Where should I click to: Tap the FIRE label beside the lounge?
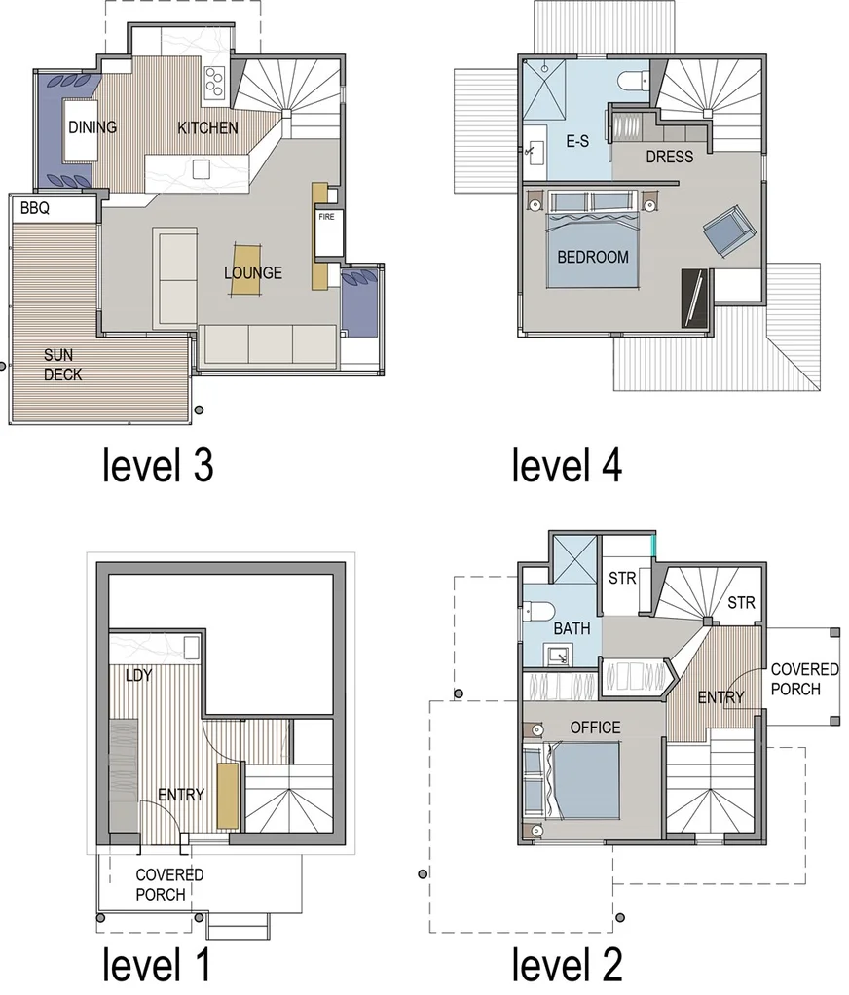coord(325,217)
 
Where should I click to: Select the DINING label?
coord(92,127)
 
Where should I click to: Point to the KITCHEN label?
coord(207,127)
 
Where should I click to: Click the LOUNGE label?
coord(253,273)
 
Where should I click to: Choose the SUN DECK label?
coord(62,365)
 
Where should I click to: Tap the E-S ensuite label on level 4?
coord(577,142)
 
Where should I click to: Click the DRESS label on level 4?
coord(670,156)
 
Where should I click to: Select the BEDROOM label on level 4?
coord(593,258)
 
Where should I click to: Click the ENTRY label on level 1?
coord(181,795)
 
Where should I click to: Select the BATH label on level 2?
coord(572,629)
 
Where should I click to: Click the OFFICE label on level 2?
coord(595,728)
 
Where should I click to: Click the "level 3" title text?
coord(159,466)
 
